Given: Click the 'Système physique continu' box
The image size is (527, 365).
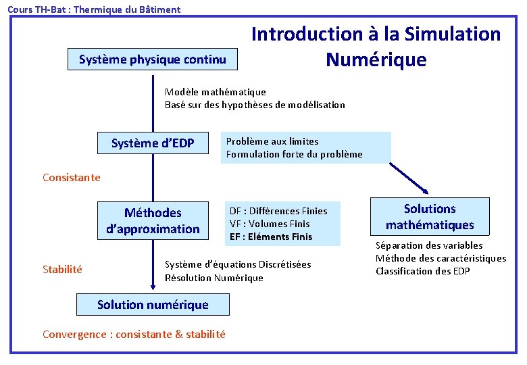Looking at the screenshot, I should (x=153, y=59).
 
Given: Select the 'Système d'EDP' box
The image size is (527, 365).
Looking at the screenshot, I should (x=153, y=143).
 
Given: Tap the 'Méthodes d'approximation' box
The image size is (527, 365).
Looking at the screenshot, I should (x=153, y=221).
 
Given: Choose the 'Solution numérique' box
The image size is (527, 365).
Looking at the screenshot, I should (x=153, y=305).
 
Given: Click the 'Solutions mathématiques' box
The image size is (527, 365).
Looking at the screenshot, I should (x=430, y=217).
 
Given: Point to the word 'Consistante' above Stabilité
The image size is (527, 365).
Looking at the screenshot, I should (x=71, y=178).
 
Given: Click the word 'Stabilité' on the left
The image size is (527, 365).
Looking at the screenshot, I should (x=62, y=270).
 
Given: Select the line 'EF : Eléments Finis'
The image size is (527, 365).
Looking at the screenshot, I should (x=271, y=237).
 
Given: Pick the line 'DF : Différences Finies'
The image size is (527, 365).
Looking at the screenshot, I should (x=278, y=211).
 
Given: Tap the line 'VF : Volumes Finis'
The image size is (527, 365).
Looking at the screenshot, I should (x=270, y=224).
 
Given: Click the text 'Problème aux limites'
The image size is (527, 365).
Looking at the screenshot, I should (x=272, y=141).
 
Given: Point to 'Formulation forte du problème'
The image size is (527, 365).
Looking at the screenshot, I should (x=294, y=154).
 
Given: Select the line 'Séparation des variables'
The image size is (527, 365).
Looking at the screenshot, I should (x=429, y=245).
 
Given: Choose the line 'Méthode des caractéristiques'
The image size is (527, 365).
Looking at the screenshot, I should (x=441, y=258).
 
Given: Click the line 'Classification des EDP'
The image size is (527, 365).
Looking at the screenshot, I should (x=424, y=271).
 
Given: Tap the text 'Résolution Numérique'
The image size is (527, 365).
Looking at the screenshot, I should (x=214, y=278).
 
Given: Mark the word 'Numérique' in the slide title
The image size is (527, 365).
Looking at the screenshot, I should (x=376, y=59).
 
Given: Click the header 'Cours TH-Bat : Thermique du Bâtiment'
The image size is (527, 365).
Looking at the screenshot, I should (x=94, y=9).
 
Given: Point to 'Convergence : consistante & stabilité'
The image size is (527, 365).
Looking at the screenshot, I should (x=134, y=334).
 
